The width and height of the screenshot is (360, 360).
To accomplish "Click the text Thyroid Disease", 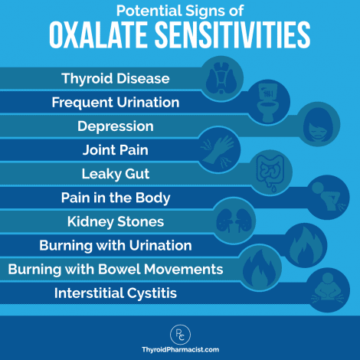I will click(115, 78).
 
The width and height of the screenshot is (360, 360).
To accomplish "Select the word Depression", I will click(116, 126).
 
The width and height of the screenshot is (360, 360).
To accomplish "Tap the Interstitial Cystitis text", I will click(115, 293).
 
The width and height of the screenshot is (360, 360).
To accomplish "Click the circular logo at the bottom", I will click(179, 331).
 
